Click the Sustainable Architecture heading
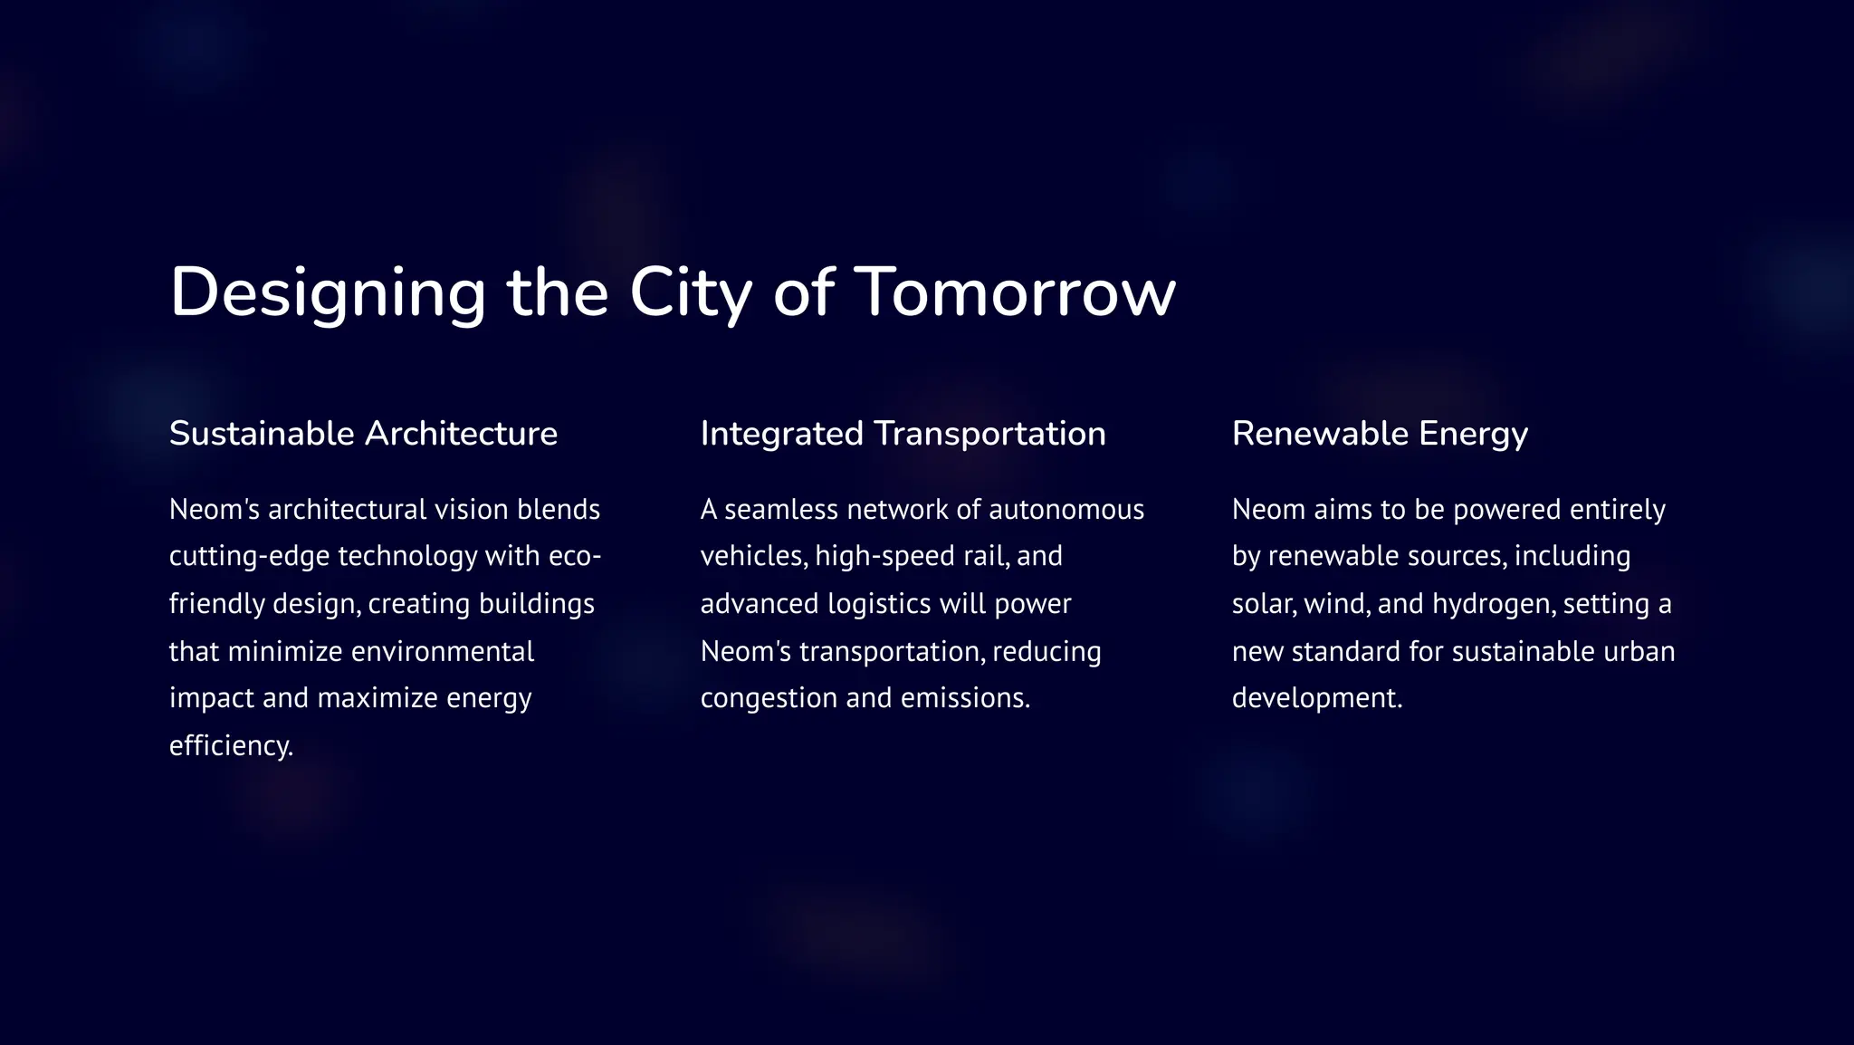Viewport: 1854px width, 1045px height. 363,434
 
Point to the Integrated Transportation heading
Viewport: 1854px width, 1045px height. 903,434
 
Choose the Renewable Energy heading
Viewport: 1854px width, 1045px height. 1380,434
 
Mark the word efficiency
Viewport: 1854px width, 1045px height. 231,745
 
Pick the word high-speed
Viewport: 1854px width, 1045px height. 884,556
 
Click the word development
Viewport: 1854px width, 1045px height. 1316,698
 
